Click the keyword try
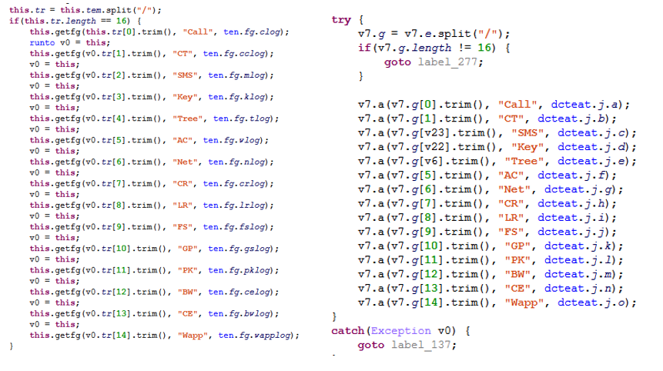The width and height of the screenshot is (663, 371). point(341,20)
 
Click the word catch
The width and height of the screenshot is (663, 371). point(347,331)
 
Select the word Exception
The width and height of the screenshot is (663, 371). point(401,331)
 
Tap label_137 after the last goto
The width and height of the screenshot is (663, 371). point(420,345)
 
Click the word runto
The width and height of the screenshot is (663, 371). point(42,42)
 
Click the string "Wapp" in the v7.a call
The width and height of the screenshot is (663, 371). point(524,302)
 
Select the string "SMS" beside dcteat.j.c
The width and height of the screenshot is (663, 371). point(527,133)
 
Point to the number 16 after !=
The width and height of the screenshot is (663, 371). point(484,48)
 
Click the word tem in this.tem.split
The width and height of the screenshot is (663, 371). point(93,10)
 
